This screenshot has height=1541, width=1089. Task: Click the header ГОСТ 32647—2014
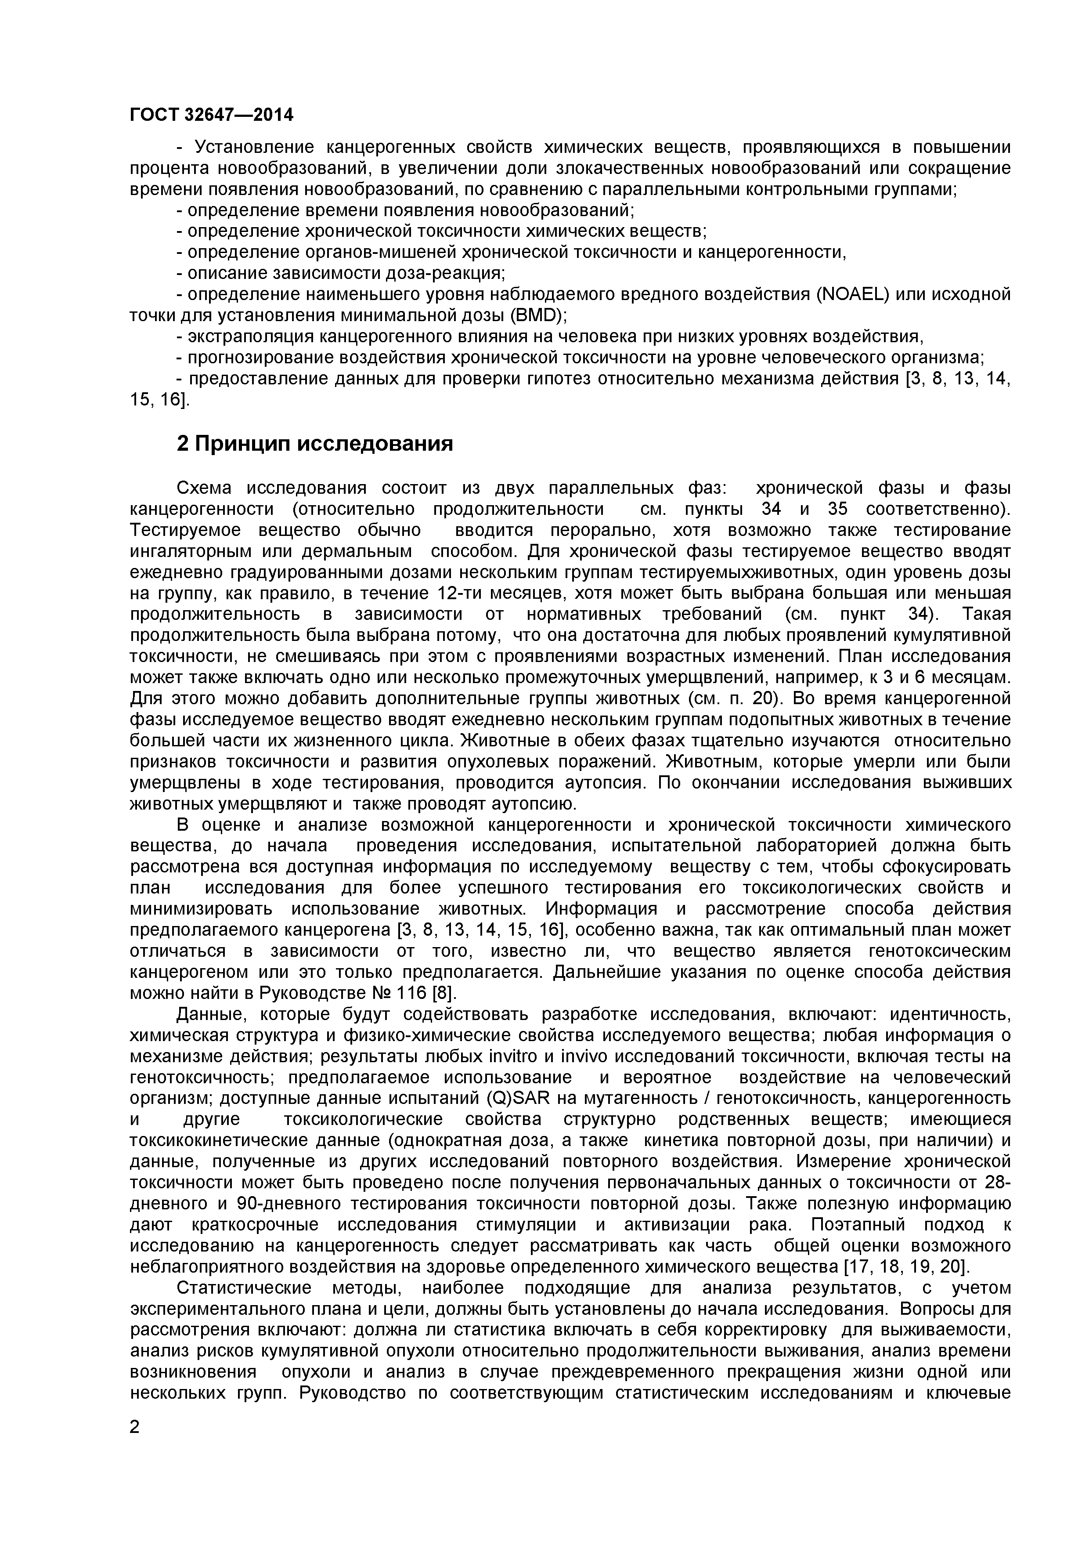click(211, 115)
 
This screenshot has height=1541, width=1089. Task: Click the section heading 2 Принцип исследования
click(315, 444)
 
